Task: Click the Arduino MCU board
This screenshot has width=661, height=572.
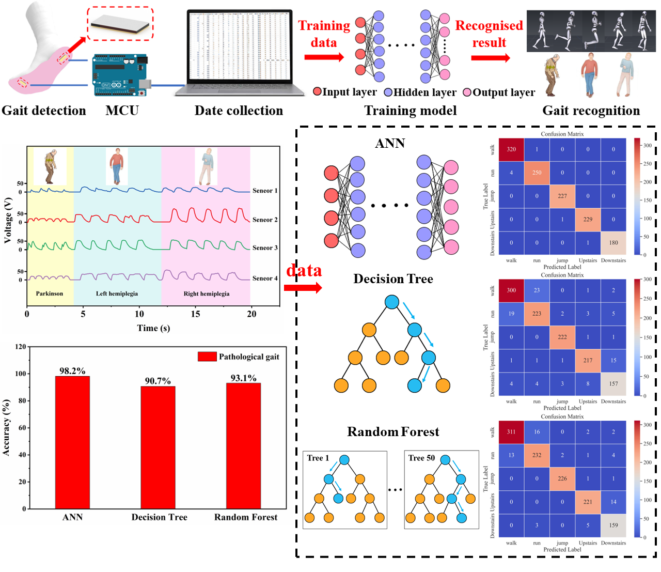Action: click(x=119, y=75)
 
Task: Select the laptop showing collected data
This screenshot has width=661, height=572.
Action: click(x=239, y=54)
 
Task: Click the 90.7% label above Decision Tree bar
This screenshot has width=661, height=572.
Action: click(x=158, y=381)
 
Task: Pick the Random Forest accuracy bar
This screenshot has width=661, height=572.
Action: click(x=243, y=445)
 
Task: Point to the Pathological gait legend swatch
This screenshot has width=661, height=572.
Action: click(x=207, y=357)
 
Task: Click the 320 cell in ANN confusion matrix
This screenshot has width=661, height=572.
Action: click(x=511, y=149)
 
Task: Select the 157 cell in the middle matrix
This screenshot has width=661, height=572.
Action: click(x=613, y=384)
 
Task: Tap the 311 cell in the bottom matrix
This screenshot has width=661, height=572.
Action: click(x=511, y=432)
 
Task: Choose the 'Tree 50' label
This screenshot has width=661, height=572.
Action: click(x=421, y=458)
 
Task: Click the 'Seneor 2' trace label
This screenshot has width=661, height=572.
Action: click(x=265, y=220)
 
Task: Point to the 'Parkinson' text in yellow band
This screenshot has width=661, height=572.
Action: click(x=50, y=293)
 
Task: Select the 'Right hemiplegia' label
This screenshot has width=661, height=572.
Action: click(x=207, y=293)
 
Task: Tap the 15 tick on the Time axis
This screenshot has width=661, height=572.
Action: click(x=195, y=314)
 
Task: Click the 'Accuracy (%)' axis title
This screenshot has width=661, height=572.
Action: click(x=7, y=427)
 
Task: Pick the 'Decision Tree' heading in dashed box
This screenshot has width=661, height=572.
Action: click(x=393, y=279)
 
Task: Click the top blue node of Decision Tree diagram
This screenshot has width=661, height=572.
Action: click(x=392, y=302)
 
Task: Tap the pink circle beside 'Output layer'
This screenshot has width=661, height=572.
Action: click(x=467, y=92)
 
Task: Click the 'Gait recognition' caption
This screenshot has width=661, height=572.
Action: click(x=591, y=111)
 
